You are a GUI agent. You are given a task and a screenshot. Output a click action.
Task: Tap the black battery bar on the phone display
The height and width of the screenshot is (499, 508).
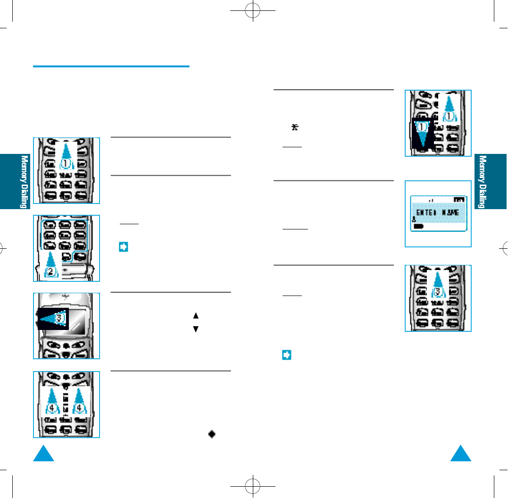418,227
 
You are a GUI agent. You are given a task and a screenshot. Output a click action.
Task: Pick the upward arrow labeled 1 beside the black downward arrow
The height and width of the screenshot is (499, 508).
450,109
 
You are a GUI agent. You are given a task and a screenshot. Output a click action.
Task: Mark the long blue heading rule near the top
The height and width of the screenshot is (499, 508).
111,67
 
